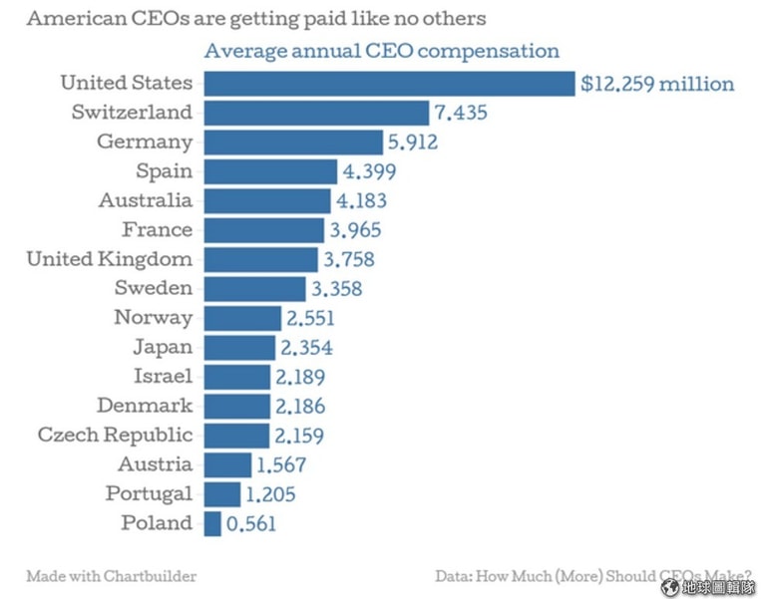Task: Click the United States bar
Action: click(389, 84)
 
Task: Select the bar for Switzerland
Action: click(316, 113)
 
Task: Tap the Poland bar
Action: click(212, 523)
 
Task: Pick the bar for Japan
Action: click(239, 348)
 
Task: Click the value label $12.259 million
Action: click(657, 84)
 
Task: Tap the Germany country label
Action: click(145, 143)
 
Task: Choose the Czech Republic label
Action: click(116, 436)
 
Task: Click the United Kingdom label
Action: click(110, 260)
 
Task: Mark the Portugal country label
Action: click(150, 494)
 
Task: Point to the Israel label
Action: click(163, 377)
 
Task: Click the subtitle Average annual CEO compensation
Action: click(381, 52)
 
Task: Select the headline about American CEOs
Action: click(256, 19)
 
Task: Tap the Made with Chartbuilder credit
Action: click(112, 576)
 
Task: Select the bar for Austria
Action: click(228, 464)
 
